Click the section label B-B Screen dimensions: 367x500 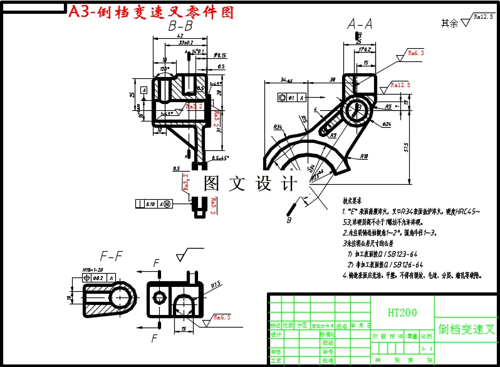coord(180,26)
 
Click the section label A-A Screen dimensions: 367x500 coord(360,24)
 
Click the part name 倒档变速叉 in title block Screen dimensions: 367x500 coord(467,329)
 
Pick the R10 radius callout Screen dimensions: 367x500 coord(363,156)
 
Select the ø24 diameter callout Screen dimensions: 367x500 coord(386,124)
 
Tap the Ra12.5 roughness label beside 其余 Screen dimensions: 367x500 coord(482,18)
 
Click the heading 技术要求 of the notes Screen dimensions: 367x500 coord(353,202)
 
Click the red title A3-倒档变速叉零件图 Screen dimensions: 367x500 coord(151,12)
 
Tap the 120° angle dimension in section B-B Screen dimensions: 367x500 coord(165,69)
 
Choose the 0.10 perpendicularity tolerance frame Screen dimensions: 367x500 coord(150,204)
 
